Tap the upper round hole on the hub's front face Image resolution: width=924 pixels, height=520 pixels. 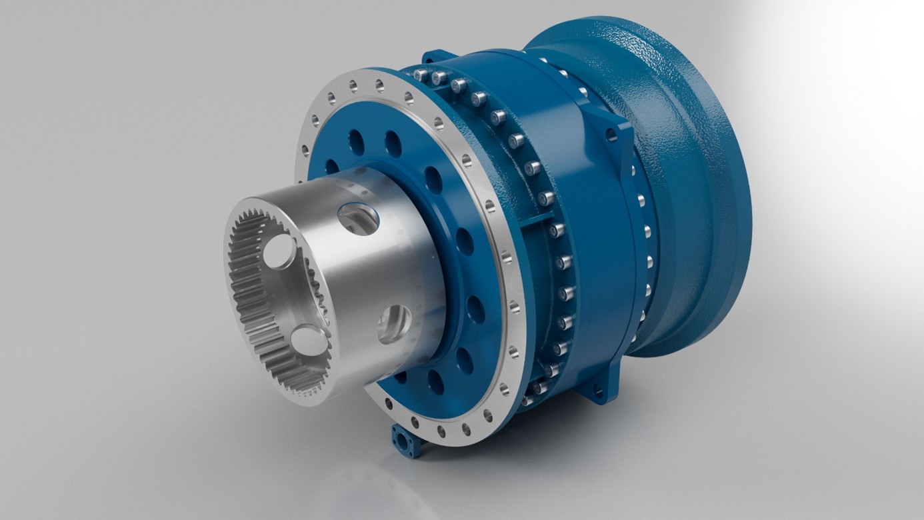pos(279,252)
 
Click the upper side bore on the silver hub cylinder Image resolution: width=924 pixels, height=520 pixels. pos(358,218)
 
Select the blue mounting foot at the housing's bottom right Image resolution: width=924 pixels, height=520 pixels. pos(595,390)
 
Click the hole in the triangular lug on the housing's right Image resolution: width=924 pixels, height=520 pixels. pos(611,135)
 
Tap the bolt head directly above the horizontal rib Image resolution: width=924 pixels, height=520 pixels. pos(546,198)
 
